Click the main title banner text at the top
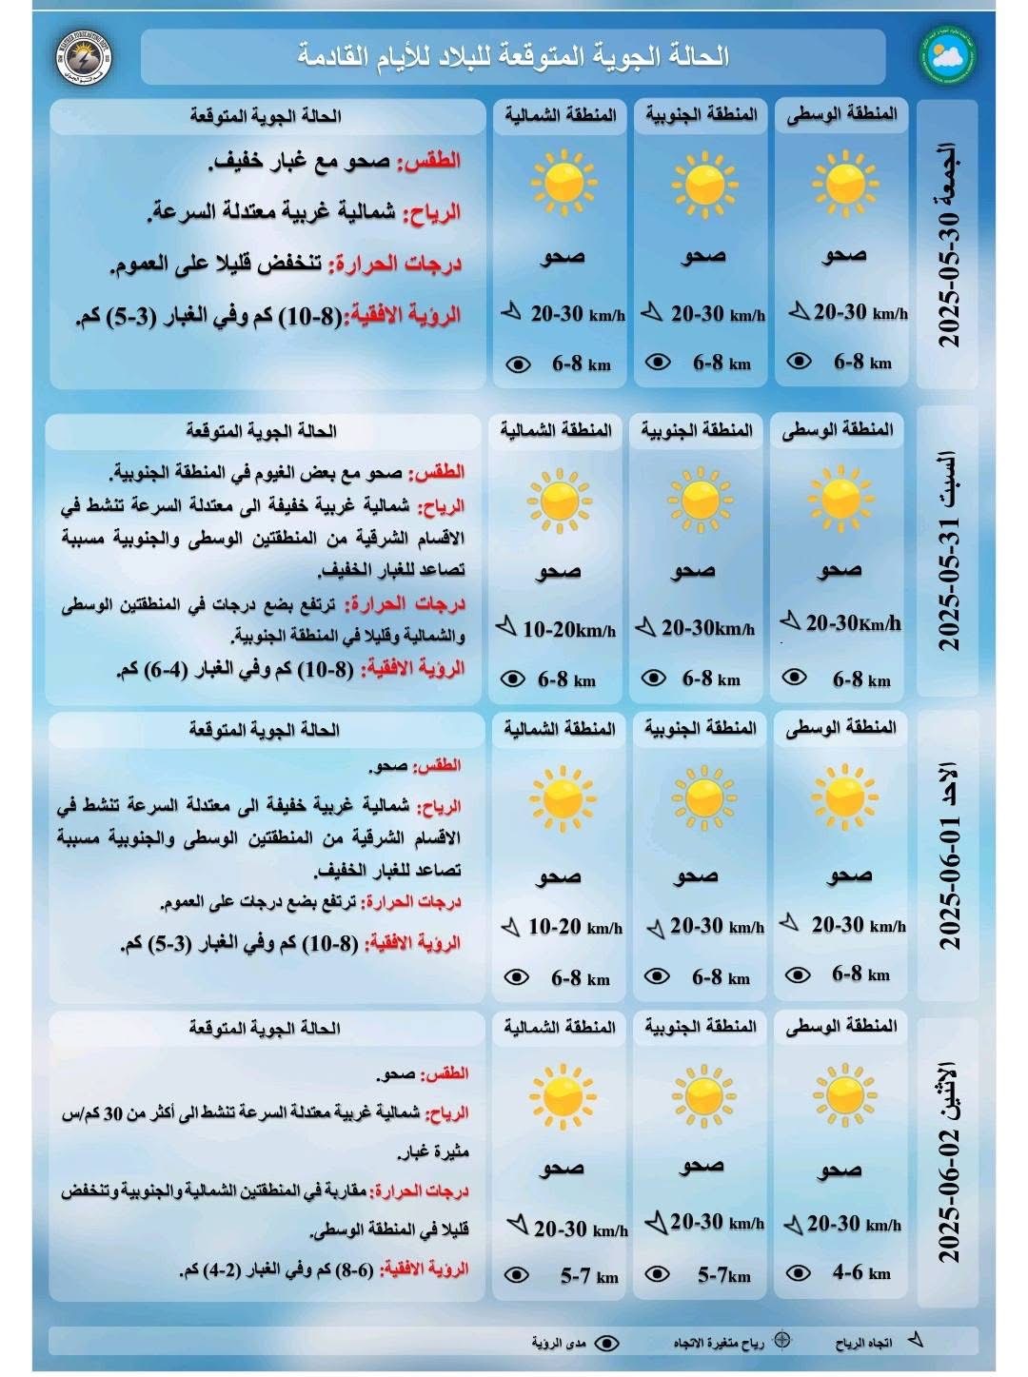[x=513, y=56]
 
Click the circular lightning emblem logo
[x=84, y=56]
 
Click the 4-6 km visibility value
[x=860, y=1272]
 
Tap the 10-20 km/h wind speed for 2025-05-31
[x=568, y=629]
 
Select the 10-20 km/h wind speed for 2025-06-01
[x=575, y=927]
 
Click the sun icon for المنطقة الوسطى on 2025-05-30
[x=843, y=182]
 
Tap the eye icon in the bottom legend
[x=606, y=1343]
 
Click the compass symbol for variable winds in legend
[x=782, y=1340]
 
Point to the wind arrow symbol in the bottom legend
[x=916, y=1340]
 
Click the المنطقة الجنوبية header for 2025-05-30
[x=702, y=115]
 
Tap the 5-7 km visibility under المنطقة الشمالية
[x=588, y=1276]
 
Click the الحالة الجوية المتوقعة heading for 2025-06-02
[x=265, y=1028]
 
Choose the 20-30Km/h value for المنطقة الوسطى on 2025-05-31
[x=853, y=623]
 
